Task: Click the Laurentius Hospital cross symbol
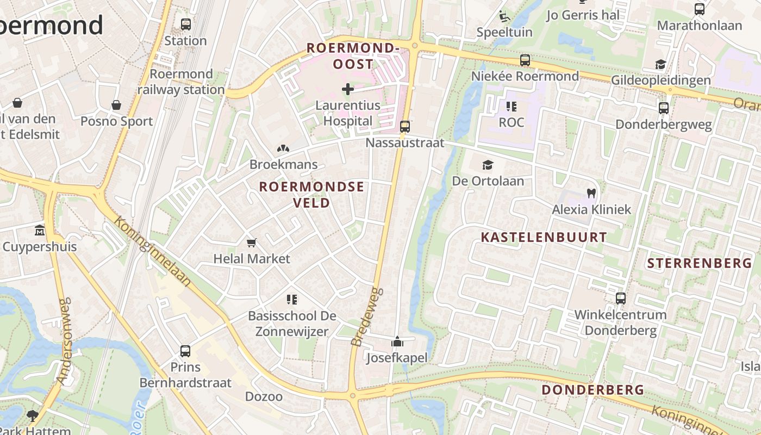348,89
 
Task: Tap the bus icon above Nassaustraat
405,127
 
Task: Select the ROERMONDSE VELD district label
311,195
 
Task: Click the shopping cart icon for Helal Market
251,243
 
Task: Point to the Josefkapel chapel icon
397,342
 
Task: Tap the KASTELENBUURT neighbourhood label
544,237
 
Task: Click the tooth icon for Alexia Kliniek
591,193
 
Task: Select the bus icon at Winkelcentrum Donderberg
621,298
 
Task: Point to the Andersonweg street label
65,341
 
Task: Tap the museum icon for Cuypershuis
40,231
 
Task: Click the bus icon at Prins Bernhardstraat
185,351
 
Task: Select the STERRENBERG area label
699,263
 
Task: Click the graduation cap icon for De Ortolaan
488,165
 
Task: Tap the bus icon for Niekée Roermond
525,60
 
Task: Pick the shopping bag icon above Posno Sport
116,105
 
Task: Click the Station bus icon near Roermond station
186,24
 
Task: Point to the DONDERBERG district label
592,390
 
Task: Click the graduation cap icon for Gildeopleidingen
660,65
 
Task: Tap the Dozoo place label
264,396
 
